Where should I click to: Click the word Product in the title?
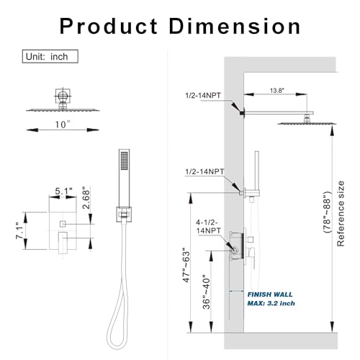(x=109, y=27)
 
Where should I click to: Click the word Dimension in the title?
(x=235, y=27)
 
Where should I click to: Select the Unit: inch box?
(x=50, y=56)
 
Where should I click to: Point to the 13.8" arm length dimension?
(x=277, y=91)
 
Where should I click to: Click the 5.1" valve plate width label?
(x=63, y=192)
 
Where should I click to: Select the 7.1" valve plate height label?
(x=19, y=230)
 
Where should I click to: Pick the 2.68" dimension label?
(x=86, y=197)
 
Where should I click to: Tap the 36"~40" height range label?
(x=206, y=293)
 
